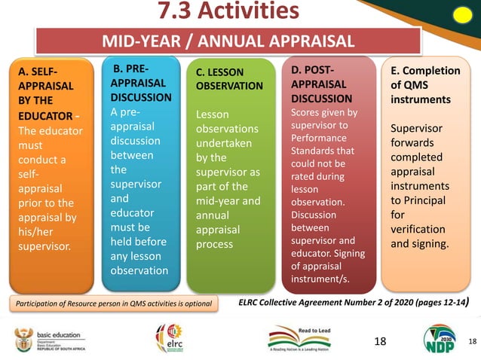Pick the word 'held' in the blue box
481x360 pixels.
tap(124, 242)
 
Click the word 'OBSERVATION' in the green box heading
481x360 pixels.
tap(229, 86)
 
